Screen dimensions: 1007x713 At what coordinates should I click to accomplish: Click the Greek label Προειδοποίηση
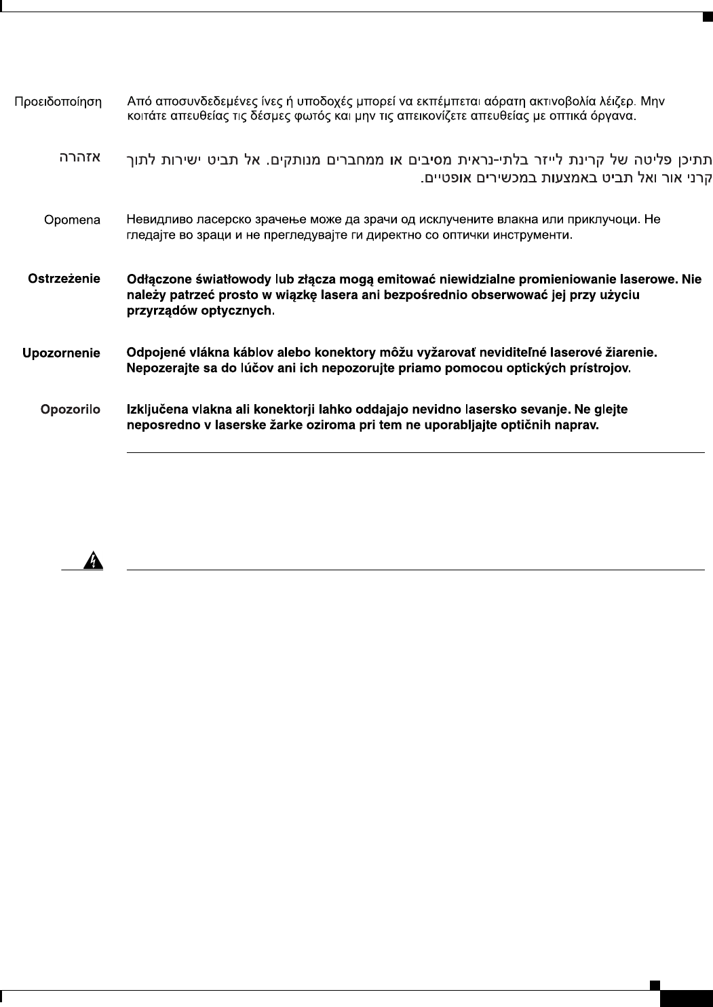pyautogui.click(x=59, y=102)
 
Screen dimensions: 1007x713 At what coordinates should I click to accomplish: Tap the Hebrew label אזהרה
pyautogui.click(x=78, y=158)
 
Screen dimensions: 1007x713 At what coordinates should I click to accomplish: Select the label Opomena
pyautogui.click(x=72, y=220)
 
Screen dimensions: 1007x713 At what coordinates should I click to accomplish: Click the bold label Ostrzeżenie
pyautogui.click(x=64, y=279)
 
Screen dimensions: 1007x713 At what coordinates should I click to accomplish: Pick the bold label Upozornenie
pyautogui.click(x=61, y=353)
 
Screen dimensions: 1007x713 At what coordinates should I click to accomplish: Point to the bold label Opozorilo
pyautogui.click(x=71, y=410)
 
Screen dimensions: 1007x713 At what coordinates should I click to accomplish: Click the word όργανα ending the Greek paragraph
pyautogui.click(x=613, y=116)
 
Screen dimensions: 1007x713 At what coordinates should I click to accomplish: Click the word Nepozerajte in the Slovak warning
pyautogui.click(x=160, y=370)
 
